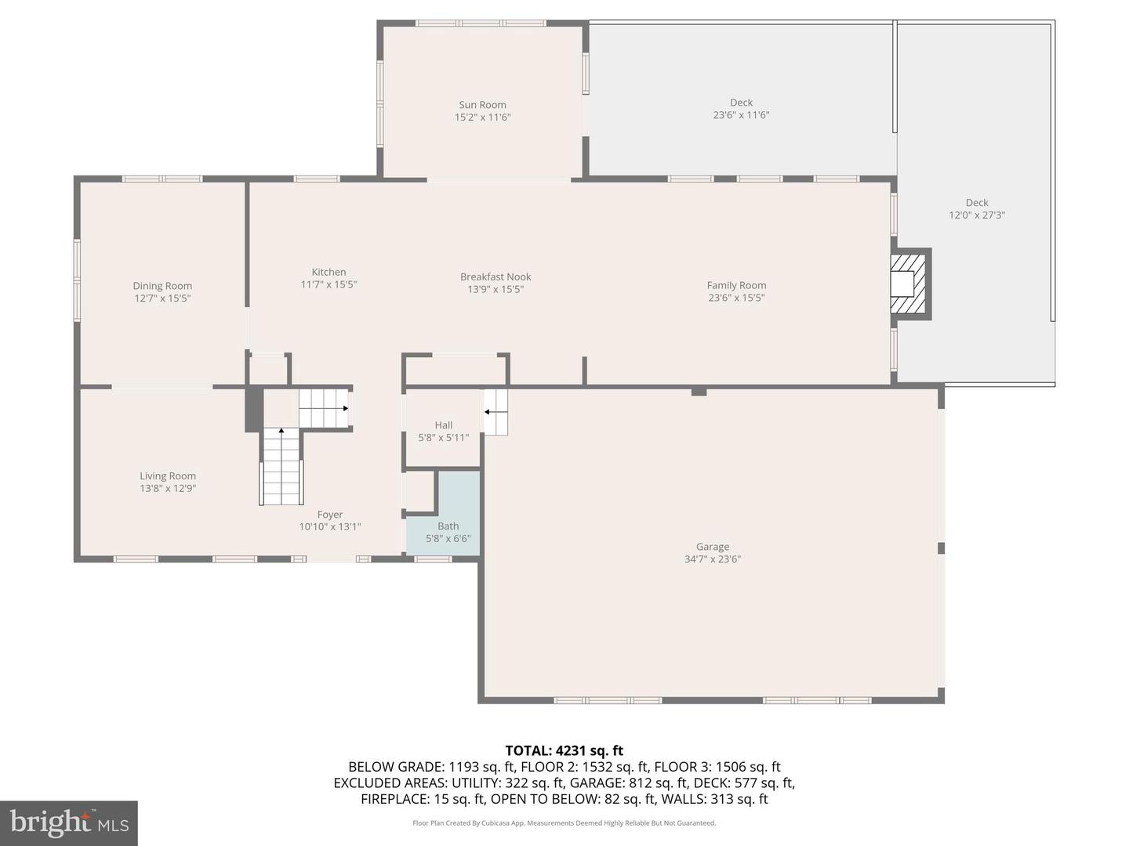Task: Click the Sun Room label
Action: coord(482,105)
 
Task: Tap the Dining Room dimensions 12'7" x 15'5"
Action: coord(162,298)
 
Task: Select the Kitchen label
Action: coord(329,272)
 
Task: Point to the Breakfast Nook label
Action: coord(496,277)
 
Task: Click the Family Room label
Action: coord(736,285)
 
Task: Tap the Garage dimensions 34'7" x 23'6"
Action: coord(712,559)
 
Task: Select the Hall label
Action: coord(444,425)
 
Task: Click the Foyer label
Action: coord(330,515)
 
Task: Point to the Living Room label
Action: coord(168,475)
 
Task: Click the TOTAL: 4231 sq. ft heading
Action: coord(564,750)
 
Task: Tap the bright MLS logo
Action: coord(69,822)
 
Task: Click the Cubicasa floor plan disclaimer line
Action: coord(564,823)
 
